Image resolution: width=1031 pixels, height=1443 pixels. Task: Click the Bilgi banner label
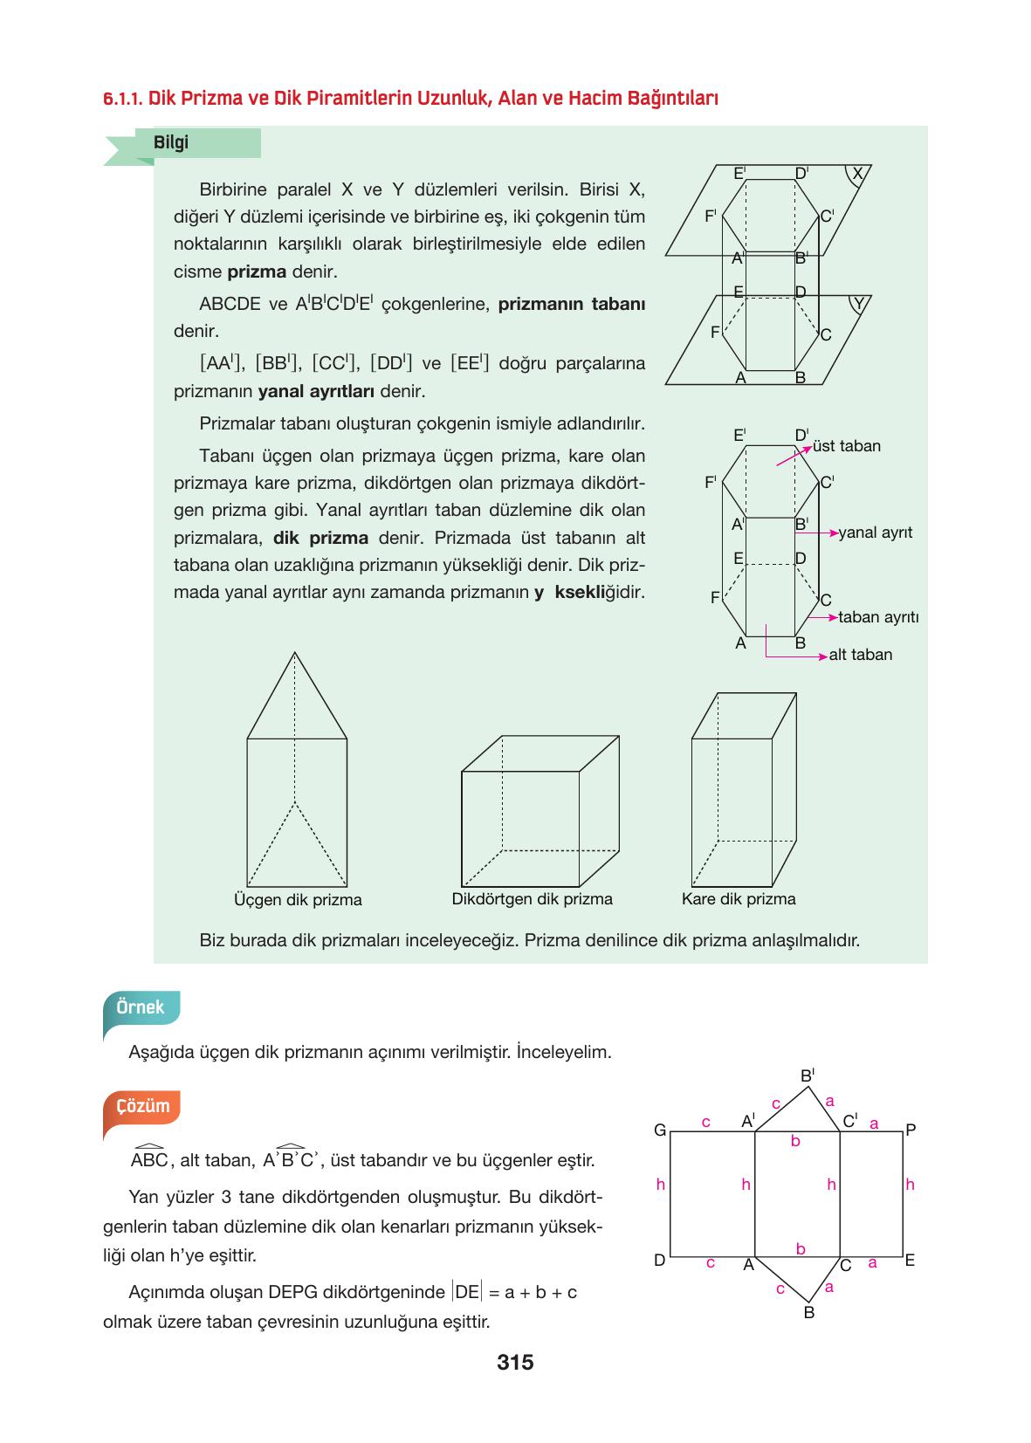click(171, 143)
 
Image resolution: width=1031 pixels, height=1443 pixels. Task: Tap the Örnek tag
click(140, 1007)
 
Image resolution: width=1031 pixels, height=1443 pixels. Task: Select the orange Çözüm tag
click(142, 1106)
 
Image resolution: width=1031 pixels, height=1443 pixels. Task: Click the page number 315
click(514, 1362)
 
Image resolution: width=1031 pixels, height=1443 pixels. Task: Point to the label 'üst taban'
click(846, 446)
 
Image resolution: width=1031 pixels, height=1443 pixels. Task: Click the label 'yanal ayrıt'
click(875, 533)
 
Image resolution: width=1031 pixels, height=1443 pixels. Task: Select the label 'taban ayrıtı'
click(877, 617)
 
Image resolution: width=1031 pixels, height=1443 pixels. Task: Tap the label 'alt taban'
click(860, 655)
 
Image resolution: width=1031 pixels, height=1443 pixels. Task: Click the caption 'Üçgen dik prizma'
click(298, 900)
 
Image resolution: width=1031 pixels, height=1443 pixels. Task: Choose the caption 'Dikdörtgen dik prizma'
click(532, 899)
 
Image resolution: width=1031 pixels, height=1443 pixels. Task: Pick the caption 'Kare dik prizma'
click(739, 899)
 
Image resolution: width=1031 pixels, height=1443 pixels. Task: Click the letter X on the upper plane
click(857, 174)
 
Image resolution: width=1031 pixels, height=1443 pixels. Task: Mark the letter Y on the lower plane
click(859, 304)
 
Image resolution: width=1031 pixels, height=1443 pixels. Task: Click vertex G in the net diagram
click(660, 1130)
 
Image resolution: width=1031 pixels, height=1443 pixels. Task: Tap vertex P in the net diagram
click(911, 1130)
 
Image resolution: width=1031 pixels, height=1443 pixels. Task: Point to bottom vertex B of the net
click(808, 1312)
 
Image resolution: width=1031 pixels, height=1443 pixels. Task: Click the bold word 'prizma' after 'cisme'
click(257, 271)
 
